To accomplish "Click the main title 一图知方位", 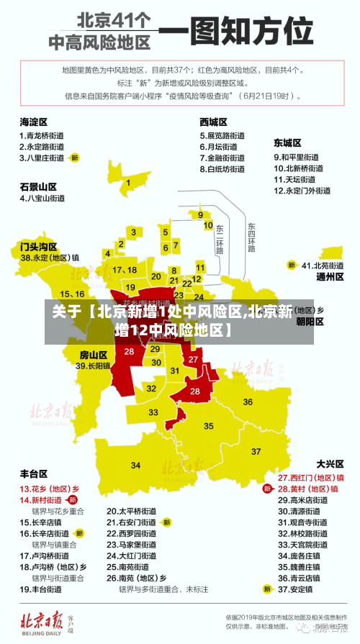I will (236, 32).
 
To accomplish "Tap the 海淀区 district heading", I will (34, 122).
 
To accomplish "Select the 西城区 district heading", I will (214, 122).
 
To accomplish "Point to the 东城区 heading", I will (287, 142).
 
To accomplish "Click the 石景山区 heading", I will (37, 186).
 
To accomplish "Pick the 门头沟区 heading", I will (38, 246).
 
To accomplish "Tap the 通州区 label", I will (330, 276).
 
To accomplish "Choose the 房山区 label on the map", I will (94, 354).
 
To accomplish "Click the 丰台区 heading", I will (34, 473).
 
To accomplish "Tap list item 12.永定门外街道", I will (302, 191).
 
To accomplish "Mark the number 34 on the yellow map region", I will (136, 466).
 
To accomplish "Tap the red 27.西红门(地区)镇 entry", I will (311, 477).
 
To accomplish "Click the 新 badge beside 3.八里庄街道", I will (74, 157).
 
